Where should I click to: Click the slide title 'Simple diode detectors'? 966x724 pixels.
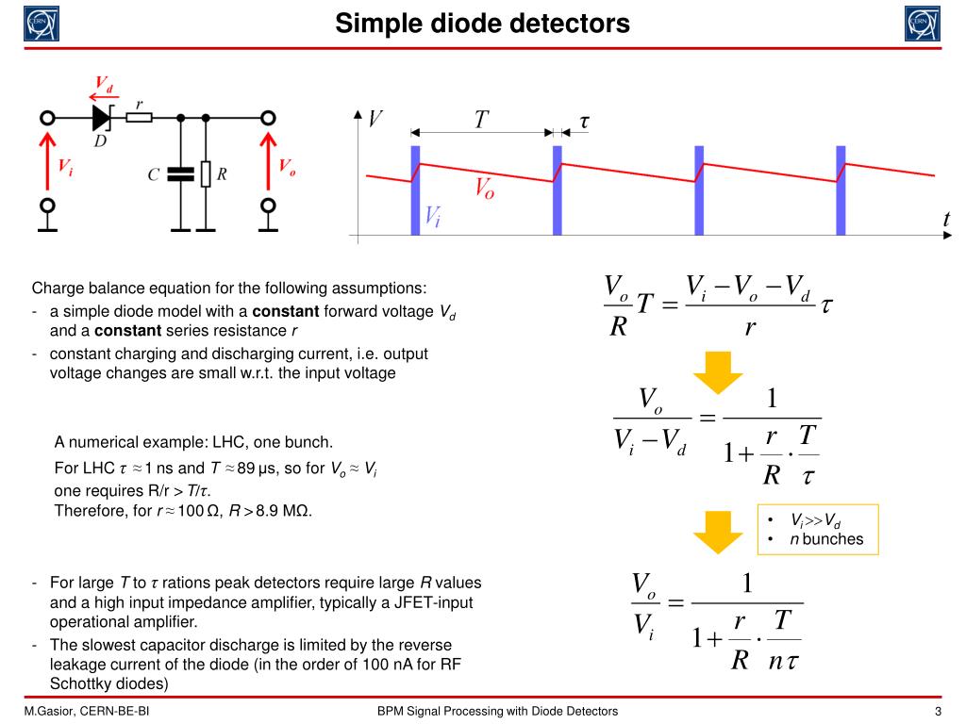tap(482, 22)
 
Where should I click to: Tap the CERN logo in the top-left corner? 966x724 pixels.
tap(41, 23)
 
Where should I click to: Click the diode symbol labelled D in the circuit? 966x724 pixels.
tap(102, 118)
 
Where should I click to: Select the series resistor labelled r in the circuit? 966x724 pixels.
tap(140, 118)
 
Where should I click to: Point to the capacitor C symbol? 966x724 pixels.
tap(179, 174)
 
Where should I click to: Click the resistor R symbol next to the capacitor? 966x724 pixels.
tap(205, 174)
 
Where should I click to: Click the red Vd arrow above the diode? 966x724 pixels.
tap(102, 94)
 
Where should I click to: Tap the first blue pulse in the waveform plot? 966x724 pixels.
tap(415, 189)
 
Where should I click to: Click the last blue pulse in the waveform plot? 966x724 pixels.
tap(840, 189)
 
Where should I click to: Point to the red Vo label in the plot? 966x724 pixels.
tap(484, 189)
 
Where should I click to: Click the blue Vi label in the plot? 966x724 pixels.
tap(432, 218)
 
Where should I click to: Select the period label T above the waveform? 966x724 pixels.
tap(481, 120)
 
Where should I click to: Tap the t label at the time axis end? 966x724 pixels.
tap(946, 219)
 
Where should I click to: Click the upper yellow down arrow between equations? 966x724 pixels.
tap(718, 370)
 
